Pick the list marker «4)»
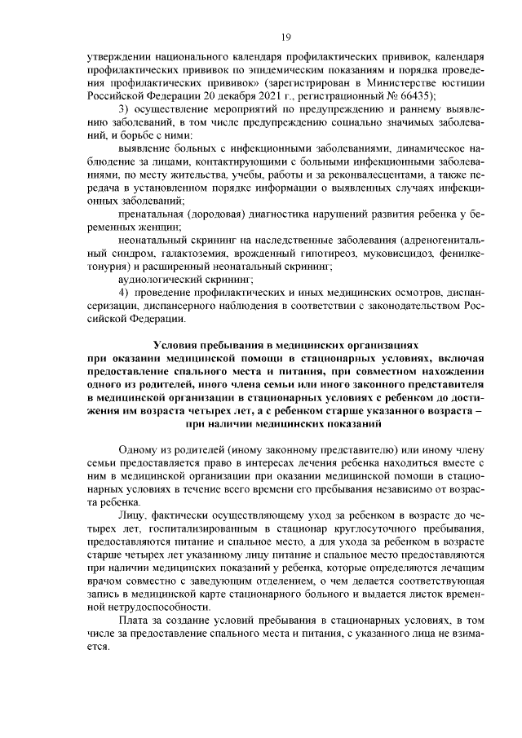[x=124, y=291]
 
